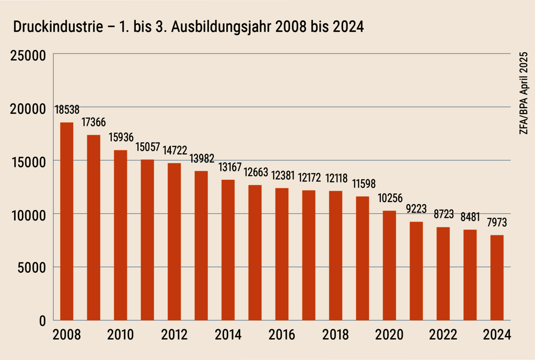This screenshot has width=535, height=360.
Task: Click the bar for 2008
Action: click(67, 221)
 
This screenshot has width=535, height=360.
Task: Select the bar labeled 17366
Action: click(94, 227)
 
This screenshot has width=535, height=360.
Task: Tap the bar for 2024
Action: click(497, 277)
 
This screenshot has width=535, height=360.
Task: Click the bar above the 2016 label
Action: click(282, 254)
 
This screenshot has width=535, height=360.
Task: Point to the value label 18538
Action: click(67, 110)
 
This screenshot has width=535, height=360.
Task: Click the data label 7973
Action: click(497, 223)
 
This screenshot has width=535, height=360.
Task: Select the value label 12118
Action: click(335, 178)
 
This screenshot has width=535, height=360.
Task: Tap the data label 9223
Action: click(416, 210)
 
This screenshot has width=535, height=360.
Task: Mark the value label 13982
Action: click(201, 158)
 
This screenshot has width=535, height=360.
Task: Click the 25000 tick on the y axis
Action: click(29, 54)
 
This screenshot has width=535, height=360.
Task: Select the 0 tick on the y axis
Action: click(42, 321)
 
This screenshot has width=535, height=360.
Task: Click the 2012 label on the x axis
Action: click(175, 335)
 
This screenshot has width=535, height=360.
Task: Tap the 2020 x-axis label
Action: click(389, 335)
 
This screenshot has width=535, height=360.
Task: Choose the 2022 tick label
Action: click(443, 335)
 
